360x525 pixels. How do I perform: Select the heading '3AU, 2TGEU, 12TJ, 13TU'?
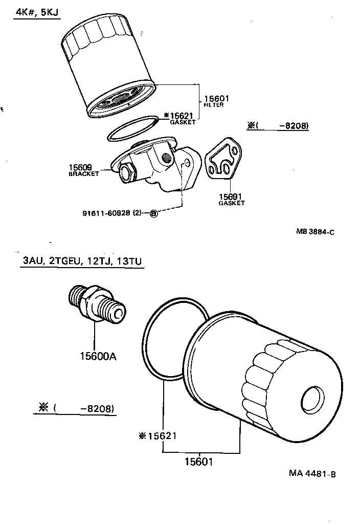tap(82, 261)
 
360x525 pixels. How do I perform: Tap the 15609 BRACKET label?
tap(84, 170)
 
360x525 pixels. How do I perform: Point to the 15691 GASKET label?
tap(231, 199)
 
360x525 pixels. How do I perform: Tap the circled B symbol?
tap(153, 213)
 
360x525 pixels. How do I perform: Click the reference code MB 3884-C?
tap(314, 231)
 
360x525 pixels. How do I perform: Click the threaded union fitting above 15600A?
tap(96, 304)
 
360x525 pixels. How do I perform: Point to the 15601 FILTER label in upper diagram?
tap(216, 101)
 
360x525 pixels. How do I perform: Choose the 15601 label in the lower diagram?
tap(198, 461)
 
